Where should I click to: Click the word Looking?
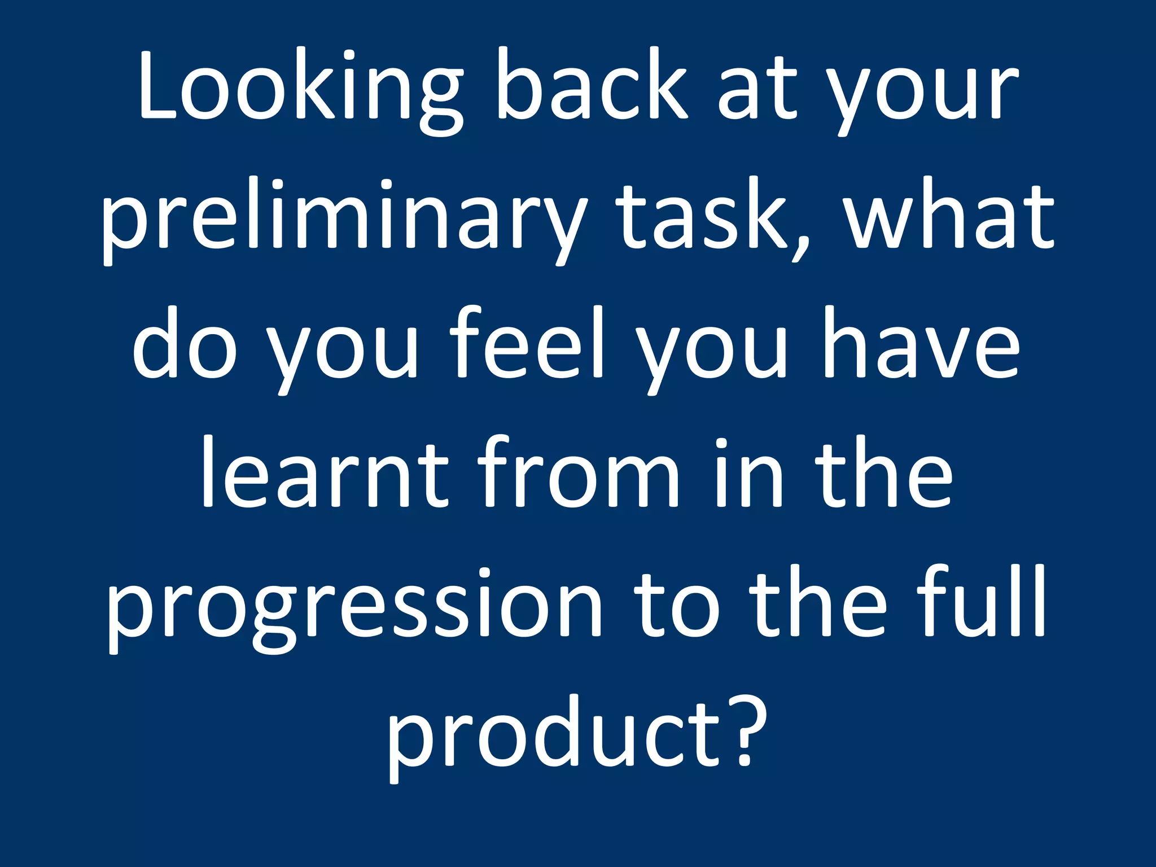point(299,90)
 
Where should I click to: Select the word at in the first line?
point(756,90)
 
